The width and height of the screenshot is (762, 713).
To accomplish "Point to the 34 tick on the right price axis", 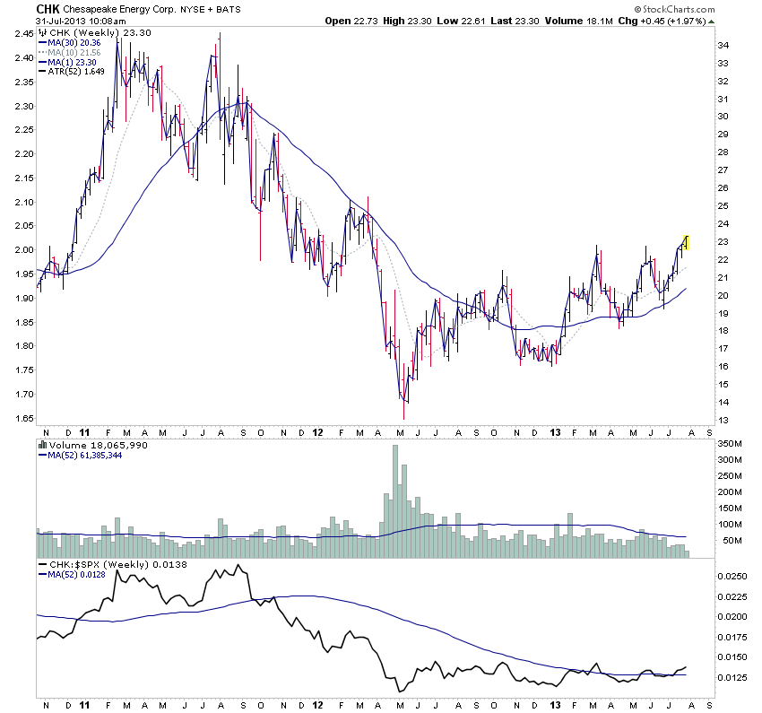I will [723, 45].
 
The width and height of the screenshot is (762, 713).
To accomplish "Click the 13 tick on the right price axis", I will [723, 420].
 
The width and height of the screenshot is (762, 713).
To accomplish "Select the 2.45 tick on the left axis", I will [22, 34].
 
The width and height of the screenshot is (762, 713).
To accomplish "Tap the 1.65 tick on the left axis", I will [22, 418].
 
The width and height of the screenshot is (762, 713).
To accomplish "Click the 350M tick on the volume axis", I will [730, 443].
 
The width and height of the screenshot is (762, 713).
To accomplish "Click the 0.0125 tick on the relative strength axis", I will [733, 677].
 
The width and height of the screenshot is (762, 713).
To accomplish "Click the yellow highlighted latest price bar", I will [685, 241].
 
